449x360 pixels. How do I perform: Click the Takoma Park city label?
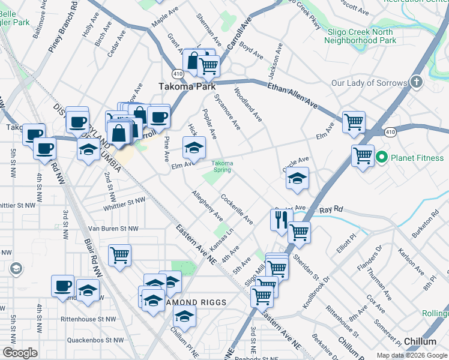pos(187,86)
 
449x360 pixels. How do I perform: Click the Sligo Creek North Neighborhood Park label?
pos(360,36)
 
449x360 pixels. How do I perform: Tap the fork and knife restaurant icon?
pos(281,221)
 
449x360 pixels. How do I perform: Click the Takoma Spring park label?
pos(222,166)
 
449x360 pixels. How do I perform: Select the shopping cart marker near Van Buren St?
pos(120,254)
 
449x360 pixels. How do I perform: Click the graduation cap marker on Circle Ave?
pos(297,178)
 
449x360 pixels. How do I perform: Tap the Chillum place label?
pos(420,341)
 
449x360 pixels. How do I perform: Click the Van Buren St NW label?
pos(113,229)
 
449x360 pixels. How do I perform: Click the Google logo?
pos(20,353)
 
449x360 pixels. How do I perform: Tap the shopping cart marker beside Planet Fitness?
pos(363,156)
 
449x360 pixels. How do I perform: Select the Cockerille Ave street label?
pos(237,209)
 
